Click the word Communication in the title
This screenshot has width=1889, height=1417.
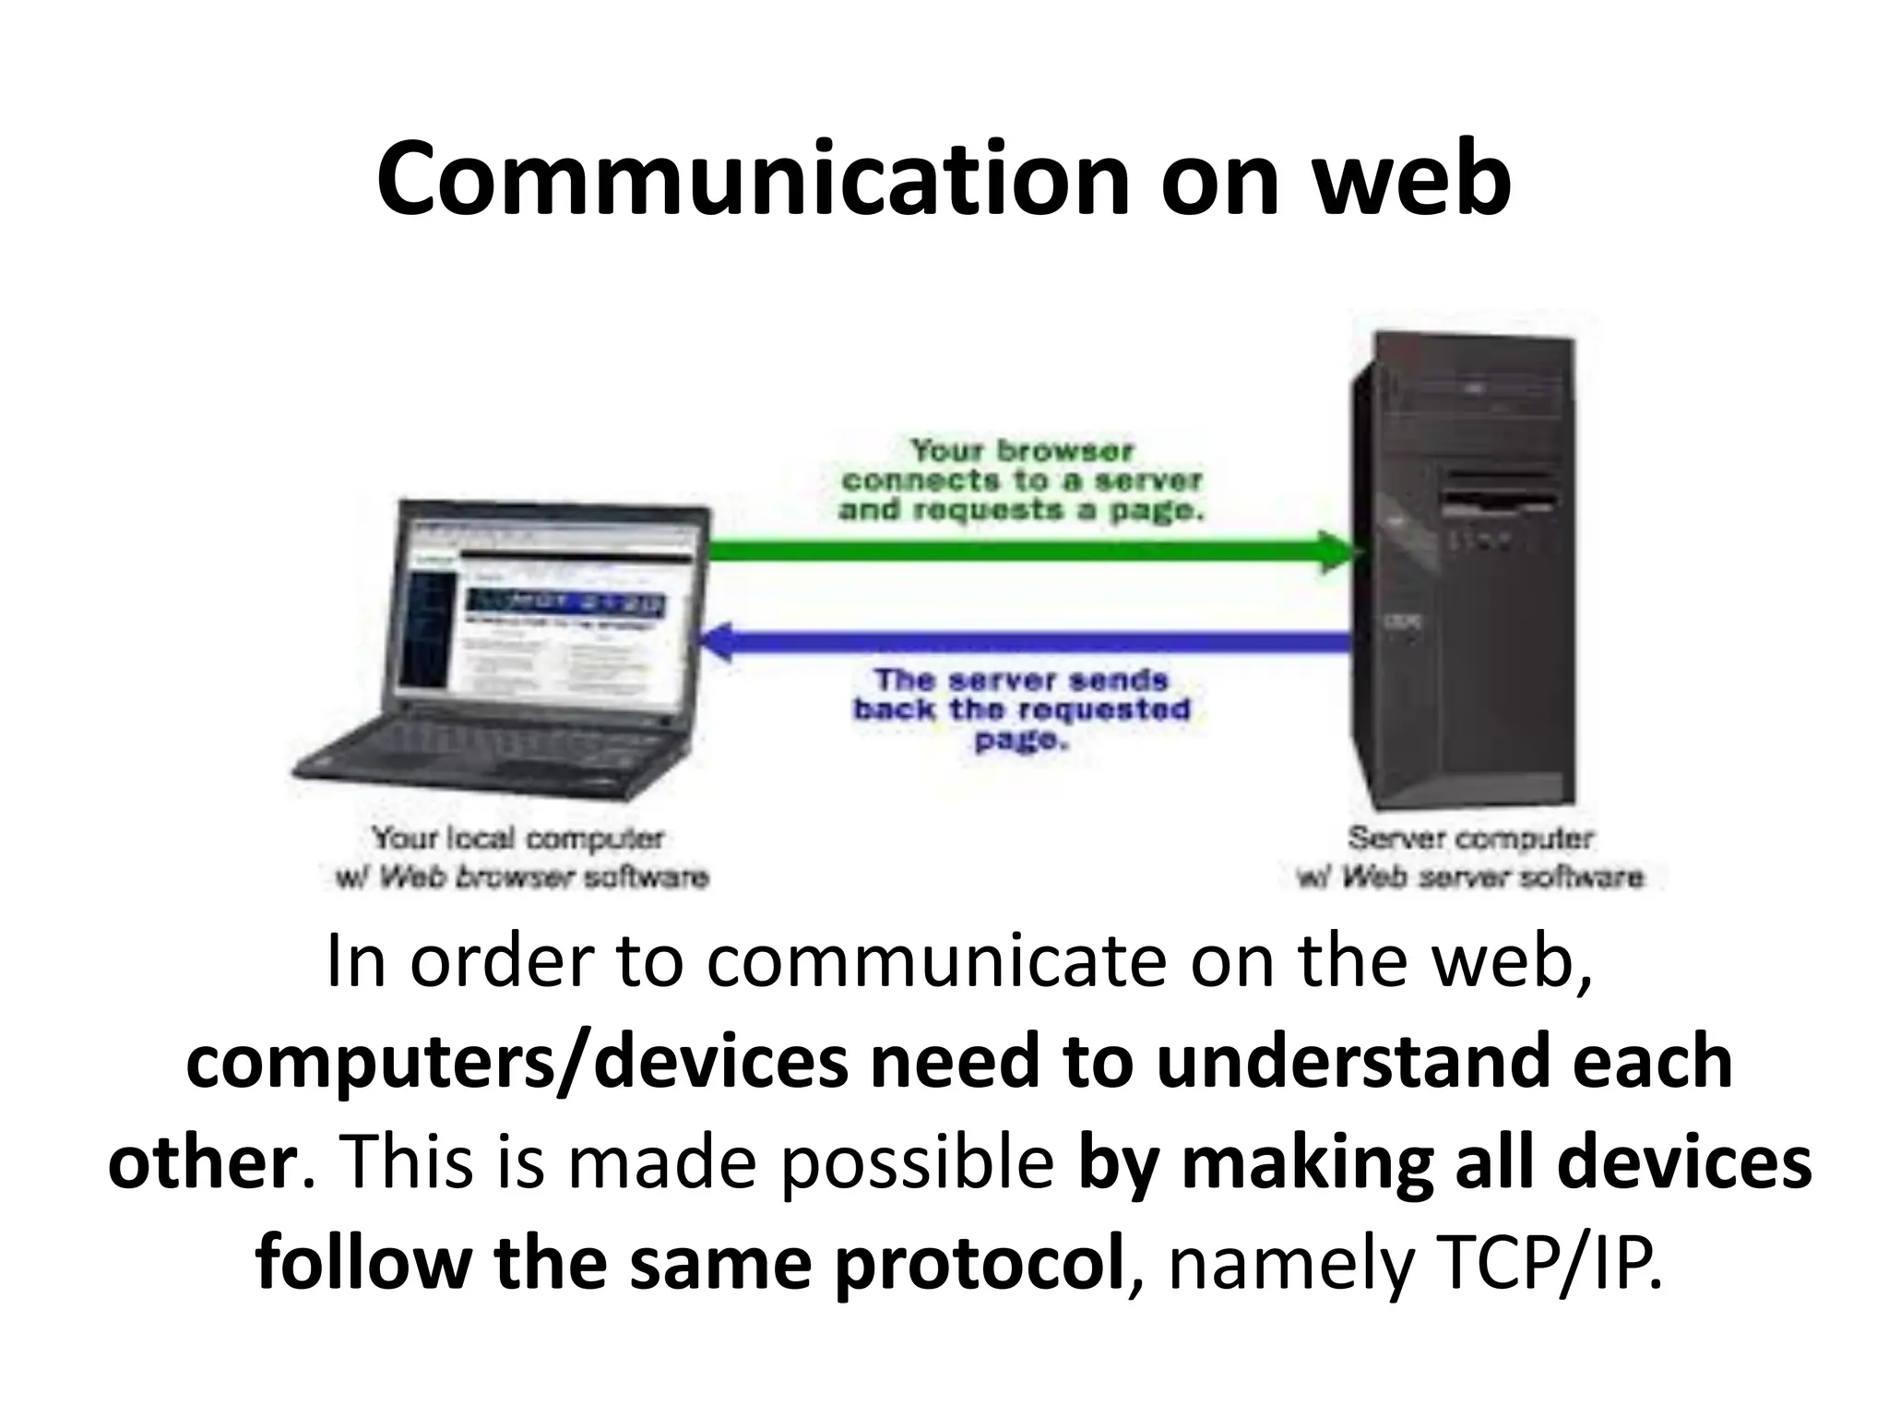(753, 180)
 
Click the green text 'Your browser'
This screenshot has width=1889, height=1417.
(1021, 451)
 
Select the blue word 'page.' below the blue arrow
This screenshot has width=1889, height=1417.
(1021, 740)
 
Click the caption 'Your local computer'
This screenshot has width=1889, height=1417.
(517, 839)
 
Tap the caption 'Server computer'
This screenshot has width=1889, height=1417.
(1470, 839)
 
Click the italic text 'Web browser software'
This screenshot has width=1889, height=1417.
(544, 876)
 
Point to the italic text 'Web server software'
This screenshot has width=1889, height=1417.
(1492, 876)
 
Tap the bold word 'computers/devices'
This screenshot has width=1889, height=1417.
(517, 1061)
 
